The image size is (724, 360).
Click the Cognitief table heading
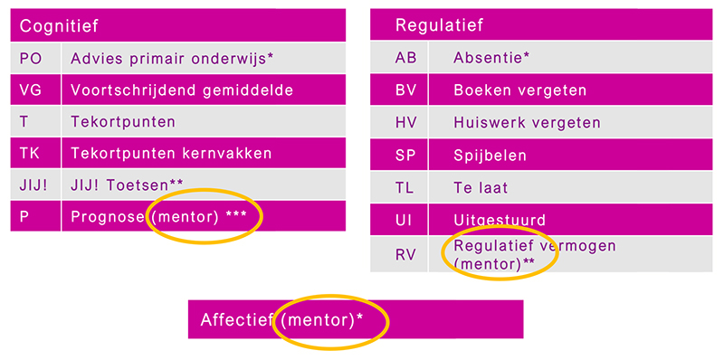tap(60, 26)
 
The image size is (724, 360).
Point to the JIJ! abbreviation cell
tap(34, 185)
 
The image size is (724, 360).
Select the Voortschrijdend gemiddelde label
tap(182, 90)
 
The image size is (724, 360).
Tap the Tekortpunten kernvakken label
tap(171, 153)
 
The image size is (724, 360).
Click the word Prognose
tap(108, 216)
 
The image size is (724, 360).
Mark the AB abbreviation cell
tap(406, 58)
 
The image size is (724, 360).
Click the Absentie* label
tap(491, 58)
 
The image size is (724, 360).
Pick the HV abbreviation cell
tap(406, 123)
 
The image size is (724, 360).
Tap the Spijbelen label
tap(490, 156)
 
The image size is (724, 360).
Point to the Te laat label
tap(481, 188)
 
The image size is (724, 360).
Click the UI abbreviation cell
tap(406, 220)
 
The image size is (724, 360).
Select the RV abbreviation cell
tap(406, 254)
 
